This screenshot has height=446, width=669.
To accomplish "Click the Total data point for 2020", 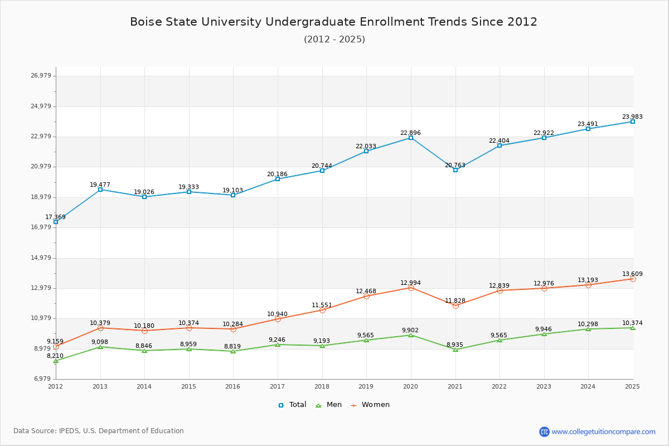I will coord(411,138).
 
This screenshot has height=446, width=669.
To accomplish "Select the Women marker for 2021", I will coord(455,306).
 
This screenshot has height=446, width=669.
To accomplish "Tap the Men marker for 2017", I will coord(278,345).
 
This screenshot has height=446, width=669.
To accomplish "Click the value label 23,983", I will coord(632,117).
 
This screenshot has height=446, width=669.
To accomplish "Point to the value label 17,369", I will coord(56,217).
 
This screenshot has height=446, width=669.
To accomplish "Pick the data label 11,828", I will coord(455,300).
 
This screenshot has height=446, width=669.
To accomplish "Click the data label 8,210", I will coord(55,356).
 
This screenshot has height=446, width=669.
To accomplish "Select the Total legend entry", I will coord(292,405).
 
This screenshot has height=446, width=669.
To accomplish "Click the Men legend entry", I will coord(329,405).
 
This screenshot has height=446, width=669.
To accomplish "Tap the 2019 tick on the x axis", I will coord(366,386).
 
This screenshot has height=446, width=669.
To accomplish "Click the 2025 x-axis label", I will coord(632,386).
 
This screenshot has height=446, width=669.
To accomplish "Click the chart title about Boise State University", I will coord(333,22).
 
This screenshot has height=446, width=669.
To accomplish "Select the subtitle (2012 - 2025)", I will coord(334,39).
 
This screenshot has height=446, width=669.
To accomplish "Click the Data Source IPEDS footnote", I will coord(99,431).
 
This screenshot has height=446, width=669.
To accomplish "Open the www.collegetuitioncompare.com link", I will coord(603,432).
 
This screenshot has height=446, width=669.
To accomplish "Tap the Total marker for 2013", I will coord(100,190).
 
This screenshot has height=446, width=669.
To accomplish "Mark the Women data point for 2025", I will coord(633,279).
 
